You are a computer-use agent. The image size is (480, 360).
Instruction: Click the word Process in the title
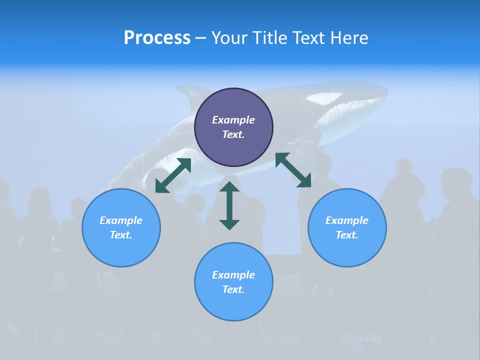[x=157, y=38]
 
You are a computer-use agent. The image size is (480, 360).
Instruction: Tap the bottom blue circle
[x=233, y=305]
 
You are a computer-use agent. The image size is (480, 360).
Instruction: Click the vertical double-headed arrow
[x=229, y=205]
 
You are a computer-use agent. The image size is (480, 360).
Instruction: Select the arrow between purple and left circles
[x=173, y=175]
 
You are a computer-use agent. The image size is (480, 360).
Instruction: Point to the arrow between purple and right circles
[x=293, y=170]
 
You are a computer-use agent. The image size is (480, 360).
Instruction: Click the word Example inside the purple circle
[x=233, y=120]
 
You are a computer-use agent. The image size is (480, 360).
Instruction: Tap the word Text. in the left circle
[x=121, y=235]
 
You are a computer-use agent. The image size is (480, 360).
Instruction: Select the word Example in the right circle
[x=347, y=220]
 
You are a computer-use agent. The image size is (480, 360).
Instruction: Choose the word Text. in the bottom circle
[x=233, y=289]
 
